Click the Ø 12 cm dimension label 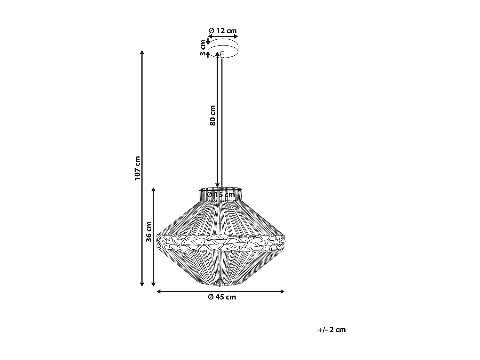223,31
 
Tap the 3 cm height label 203,48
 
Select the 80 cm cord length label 212,115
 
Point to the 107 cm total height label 138,168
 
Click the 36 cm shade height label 149,231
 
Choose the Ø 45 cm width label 222,297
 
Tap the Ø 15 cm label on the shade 221,195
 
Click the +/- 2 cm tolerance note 332,330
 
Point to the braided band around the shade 221,242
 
